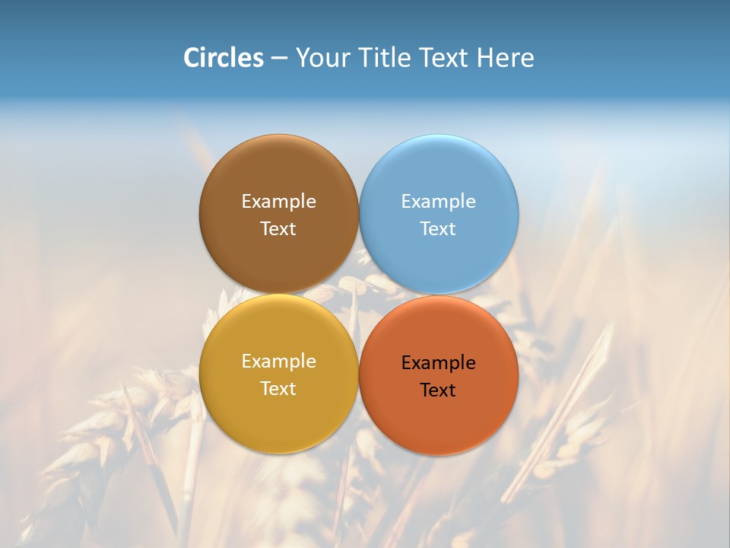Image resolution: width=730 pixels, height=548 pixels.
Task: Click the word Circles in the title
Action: [x=224, y=58]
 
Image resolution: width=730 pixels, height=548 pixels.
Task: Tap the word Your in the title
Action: [x=322, y=58]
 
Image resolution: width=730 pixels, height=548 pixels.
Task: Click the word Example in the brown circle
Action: [x=278, y=202]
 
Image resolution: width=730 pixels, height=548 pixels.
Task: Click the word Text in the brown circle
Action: [x=278, y=229]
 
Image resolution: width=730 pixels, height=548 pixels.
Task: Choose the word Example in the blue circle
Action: [x=439, y=202]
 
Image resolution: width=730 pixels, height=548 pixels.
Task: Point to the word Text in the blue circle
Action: [x=439, y=229]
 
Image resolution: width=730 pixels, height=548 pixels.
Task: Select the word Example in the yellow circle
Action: [x=278, y=362]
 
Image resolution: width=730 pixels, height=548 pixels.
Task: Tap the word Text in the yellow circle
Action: [x=278, y=389]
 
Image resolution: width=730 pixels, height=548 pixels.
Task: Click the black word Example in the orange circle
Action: [x=439, y=363]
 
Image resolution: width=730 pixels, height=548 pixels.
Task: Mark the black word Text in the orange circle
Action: [x=439, y=390]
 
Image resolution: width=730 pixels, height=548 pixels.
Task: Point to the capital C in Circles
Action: [x=192, y=58]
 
